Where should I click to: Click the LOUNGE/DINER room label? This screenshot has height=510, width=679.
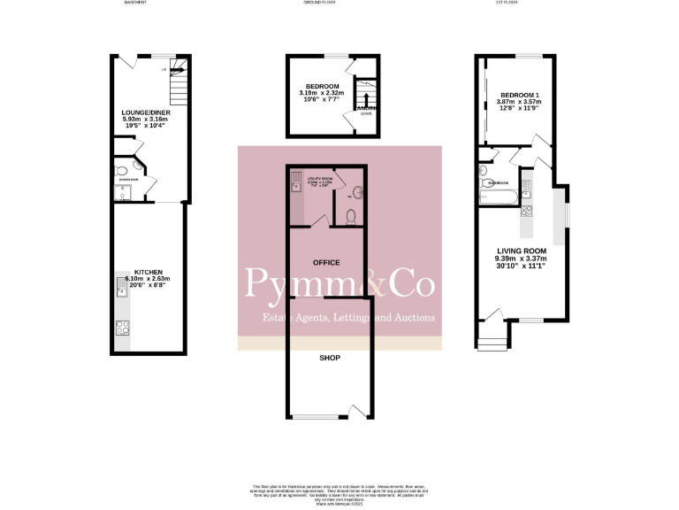coord(148,113)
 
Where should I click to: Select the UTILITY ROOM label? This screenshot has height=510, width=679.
coord(318,179)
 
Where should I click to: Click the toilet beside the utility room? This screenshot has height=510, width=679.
coord(352,216)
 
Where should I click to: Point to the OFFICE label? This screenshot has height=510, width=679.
coord(327,263)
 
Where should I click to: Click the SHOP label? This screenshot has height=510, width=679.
coord(329,359)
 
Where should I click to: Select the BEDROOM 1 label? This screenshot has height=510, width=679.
coord(515,95)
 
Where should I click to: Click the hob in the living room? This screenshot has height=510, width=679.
coord(527,211)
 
